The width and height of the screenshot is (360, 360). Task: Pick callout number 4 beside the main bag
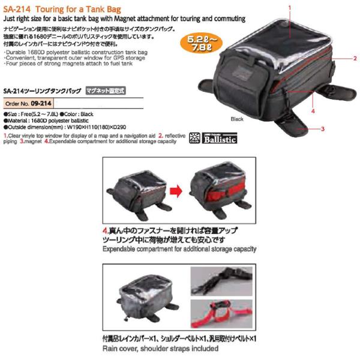pyautogui.click(x=313, y=110)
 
